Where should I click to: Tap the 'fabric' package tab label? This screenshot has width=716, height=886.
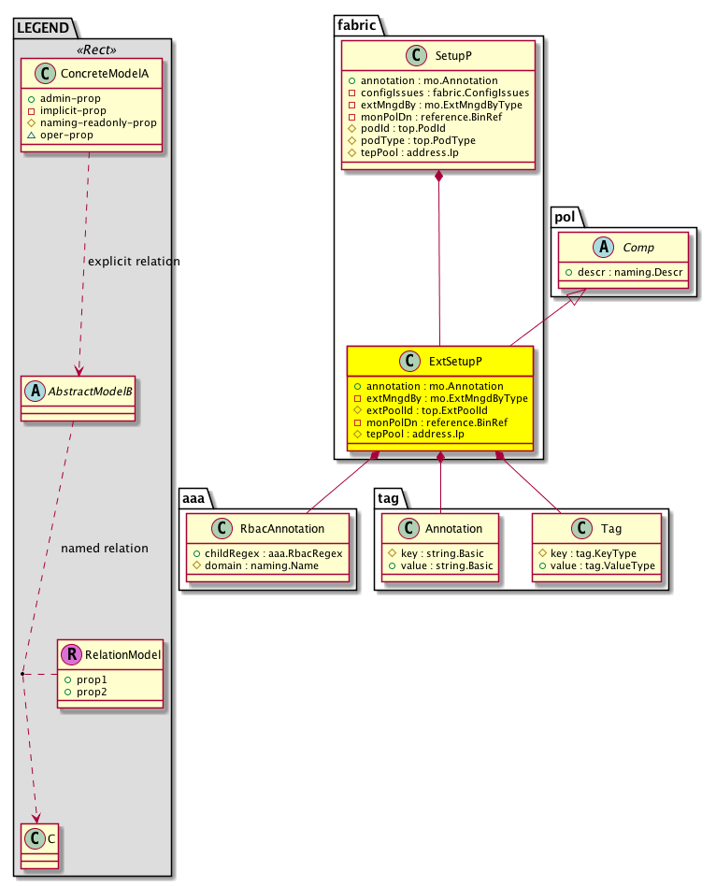point(354,26)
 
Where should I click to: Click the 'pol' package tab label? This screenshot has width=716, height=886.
point(564,218)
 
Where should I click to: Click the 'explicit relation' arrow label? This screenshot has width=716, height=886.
point(134,262)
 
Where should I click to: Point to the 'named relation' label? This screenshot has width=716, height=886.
point(104,549)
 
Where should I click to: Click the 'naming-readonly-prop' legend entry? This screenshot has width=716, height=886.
point(98,122)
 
